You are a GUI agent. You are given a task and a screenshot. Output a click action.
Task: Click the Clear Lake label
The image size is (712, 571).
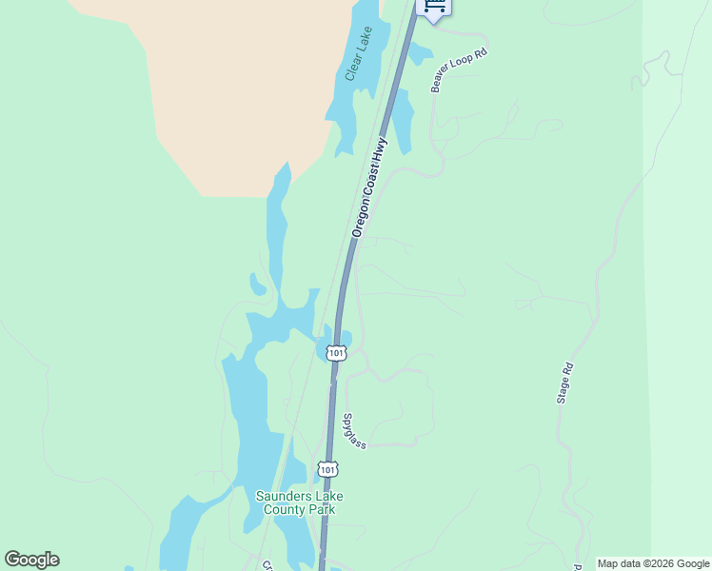click(359, 53)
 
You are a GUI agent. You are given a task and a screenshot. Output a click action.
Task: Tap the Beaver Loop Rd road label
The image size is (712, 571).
click(459, 70)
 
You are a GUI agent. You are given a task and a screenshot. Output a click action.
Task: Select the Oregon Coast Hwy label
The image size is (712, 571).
click(369, 187)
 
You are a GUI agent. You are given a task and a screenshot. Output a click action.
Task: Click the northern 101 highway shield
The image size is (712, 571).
click(335, 353)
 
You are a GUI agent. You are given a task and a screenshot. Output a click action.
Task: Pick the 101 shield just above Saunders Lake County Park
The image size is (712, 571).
click(327, 470)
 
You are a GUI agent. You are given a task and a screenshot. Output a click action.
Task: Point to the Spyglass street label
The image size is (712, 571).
click(353, 431)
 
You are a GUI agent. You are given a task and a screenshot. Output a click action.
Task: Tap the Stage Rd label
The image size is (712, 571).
click(565, 384)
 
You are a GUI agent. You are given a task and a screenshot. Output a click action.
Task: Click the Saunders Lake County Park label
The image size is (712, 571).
click(300, 502)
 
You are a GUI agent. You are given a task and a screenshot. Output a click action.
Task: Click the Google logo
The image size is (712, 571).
click(31, 560)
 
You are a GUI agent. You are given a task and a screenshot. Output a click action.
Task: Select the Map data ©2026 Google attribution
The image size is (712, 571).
click(654, 563)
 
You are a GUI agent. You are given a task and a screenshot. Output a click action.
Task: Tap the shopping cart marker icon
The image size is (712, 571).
click(434, 6)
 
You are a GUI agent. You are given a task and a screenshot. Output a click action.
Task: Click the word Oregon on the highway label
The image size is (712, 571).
click(359, 218)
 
